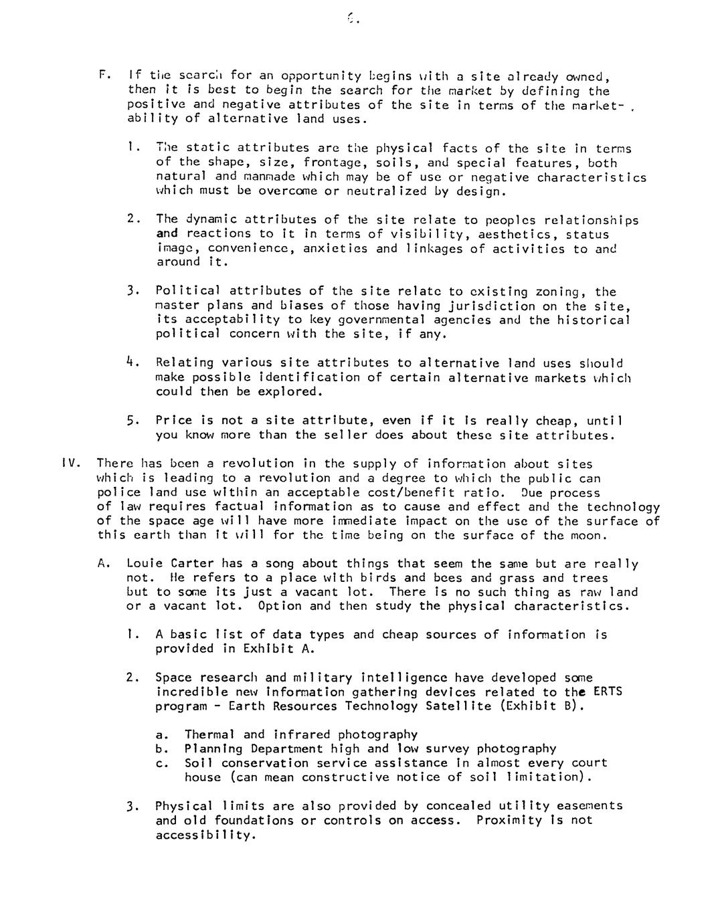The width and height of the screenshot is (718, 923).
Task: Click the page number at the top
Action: (353, 19)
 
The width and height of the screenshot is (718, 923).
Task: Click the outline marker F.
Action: (102, 75)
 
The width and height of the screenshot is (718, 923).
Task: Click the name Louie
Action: (145, 564)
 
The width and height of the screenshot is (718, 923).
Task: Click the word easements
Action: (590, 806)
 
